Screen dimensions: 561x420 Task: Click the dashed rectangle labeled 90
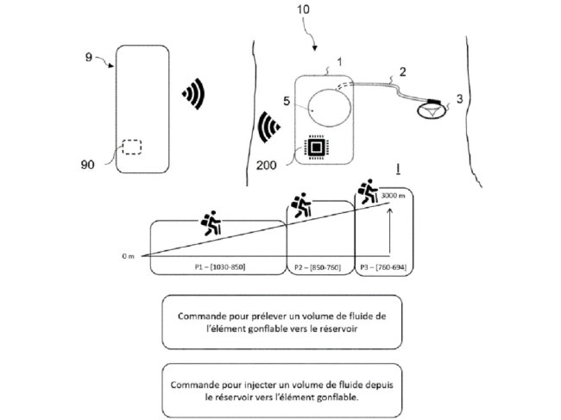tap(132, 147)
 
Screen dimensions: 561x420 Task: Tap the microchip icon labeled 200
tap(316, 147)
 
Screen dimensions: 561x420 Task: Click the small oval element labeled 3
tap(432, 110)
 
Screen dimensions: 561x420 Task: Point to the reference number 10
tap(303, 9)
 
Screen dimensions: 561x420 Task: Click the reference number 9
tap(89, 57)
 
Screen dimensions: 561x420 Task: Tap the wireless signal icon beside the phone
tap(193, 94)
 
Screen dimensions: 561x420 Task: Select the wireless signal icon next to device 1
tap(268, 127)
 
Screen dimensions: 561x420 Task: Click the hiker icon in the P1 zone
tap(211, 223)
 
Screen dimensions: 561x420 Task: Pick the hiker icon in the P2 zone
tap(301, 205)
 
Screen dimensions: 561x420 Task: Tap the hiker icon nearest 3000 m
tap(368, 191)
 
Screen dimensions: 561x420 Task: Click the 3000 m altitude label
tap(394, 196)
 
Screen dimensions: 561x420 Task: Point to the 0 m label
tap(128, 256)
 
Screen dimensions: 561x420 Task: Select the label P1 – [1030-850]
tap(220, 267)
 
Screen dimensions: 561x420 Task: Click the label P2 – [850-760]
tap(318, 267)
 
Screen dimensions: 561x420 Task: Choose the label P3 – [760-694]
tap(383, 267)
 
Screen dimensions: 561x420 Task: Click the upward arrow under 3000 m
tap(390, 232)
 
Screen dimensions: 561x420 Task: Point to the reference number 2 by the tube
tap(403, 72)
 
